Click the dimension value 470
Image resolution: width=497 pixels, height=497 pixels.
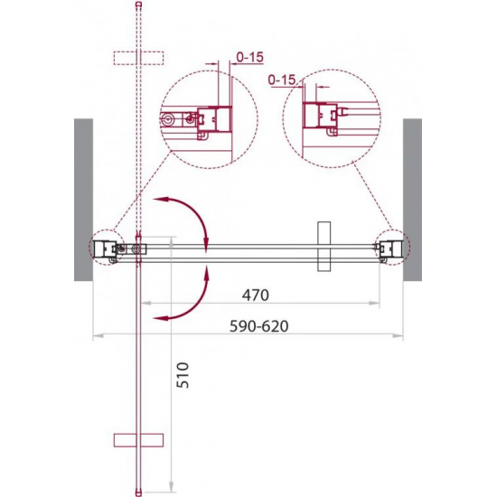(256, 295)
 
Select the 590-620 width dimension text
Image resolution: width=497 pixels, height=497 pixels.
(259, 326)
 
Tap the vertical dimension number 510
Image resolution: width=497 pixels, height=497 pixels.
(183, 375)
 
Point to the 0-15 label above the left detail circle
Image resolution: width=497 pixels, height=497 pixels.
(250, 57)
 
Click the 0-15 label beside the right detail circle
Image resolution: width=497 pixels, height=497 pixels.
(282, 80)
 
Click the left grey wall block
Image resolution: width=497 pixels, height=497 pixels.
(84, 200)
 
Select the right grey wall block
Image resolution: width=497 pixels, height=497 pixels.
(412, 200)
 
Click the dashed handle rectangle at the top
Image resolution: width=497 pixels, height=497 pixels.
(138, 58)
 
